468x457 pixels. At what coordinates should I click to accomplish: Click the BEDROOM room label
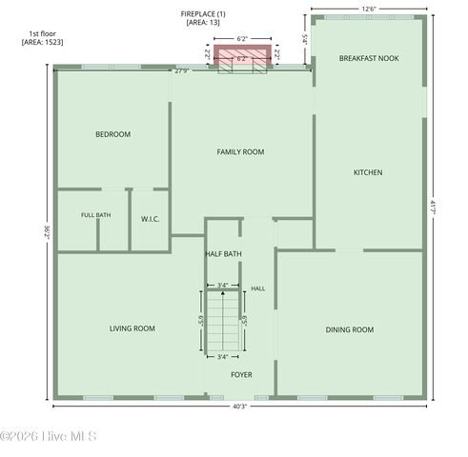coord(113,134)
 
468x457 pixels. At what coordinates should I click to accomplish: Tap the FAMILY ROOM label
coord(240,152)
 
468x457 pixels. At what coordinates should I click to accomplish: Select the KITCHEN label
coord(368,172)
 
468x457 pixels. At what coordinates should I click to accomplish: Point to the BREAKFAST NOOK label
coord(369,58)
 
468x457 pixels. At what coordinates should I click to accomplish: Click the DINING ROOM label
coord(350,329)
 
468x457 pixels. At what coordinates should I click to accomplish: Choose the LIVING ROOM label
coord(132,328)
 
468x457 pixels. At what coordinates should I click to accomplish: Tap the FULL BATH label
coord(96,215)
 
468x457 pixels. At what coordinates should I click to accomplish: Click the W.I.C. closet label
coord(151,219)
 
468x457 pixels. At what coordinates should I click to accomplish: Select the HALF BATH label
coord(223,254)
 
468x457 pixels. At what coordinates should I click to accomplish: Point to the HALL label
coord(258,288)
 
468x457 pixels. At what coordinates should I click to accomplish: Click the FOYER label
coord(241,375)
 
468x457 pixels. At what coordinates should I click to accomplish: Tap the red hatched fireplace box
coord(242,54)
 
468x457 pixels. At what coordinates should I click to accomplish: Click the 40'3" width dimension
coord(239,407)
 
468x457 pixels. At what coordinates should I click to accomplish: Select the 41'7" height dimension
coord(433,207)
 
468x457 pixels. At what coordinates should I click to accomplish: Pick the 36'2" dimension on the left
coord(47,232)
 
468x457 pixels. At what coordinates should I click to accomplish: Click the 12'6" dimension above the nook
coord(369,9)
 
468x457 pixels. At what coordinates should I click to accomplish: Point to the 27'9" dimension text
coord(182,71)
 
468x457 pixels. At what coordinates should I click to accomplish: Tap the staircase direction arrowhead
coord(223,293)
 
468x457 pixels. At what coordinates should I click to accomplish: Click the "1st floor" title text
coord(42,33)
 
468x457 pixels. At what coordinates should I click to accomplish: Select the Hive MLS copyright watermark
coord(49,436)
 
